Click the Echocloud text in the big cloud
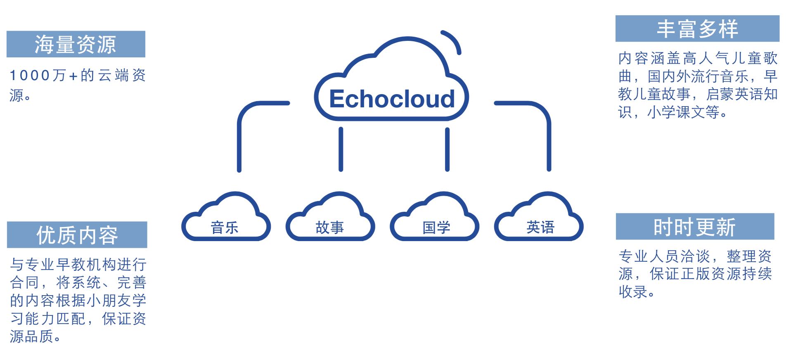click(x=392, y=99)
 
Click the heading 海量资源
click(x=76, y=44)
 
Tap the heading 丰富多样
click(x=697, y=29)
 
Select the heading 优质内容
click(x=77, y=235)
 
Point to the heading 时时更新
click(x=694, y=227)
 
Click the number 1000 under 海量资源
click(x=31, y=76)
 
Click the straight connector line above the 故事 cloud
click(x=341, y=149)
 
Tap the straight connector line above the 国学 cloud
click(x=447, y=149)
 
